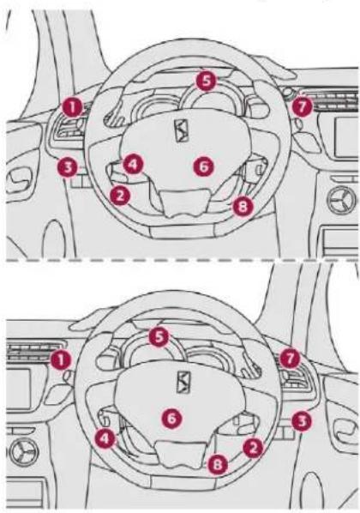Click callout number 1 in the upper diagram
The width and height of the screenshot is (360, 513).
pyautogui.click(x=73, y=107)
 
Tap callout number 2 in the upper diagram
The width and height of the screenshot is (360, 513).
pyautogui.click(x=120, y=196)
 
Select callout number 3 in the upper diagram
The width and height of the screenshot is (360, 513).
pyautogui.click(x=68, y=167)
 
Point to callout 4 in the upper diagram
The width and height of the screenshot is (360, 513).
pyautogui.click(x=133, y=164)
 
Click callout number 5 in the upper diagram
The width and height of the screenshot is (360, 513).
pyautogui.click(x=206, y=81)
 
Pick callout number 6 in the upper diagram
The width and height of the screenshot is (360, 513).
pyautogui.click(x=203, y=166)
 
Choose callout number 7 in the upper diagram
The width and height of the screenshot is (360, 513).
pyautogui.click(x=302, y=106)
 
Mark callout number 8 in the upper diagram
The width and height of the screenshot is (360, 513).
pyautogui.click(x=243, y=207)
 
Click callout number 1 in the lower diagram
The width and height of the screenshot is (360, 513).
pyautogui.click(x=61, y=360)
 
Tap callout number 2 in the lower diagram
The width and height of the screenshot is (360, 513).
pyautogui.click(x=253, y=448)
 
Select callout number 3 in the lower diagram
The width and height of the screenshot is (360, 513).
pyautogui.click(x=302, y=421)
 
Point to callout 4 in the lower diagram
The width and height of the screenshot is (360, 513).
pyautogui.click(x=105, y=438)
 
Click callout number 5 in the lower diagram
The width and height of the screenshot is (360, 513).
pyautogui.click(x=159, y=337)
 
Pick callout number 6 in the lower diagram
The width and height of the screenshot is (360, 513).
pyautogui.click(x=171, y=418)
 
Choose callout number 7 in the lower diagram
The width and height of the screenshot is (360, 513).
pyautogui.click(x=290, y=359)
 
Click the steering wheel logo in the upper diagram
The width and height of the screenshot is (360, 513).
pyautogui.click(x=182, y=130)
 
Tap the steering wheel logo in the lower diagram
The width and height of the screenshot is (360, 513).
pyautogui.click(x=183, y=382)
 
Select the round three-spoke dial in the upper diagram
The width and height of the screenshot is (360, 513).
pyautogui.click(x=342, y=200)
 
